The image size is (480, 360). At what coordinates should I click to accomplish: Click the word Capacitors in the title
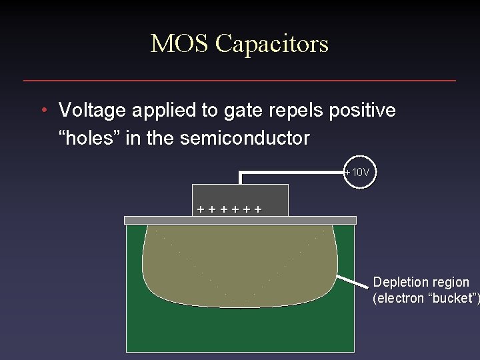click(x=272, y=44)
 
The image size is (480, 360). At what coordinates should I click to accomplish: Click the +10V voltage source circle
click(x=361, y=173)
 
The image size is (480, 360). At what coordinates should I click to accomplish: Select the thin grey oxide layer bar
click(x=241, y=220)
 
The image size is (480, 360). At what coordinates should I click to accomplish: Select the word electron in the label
click(x=401, y=298)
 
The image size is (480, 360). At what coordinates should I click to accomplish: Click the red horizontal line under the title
click(x=240, y=81)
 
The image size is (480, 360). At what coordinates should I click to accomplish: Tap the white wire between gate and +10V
click(x=293, y=173)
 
